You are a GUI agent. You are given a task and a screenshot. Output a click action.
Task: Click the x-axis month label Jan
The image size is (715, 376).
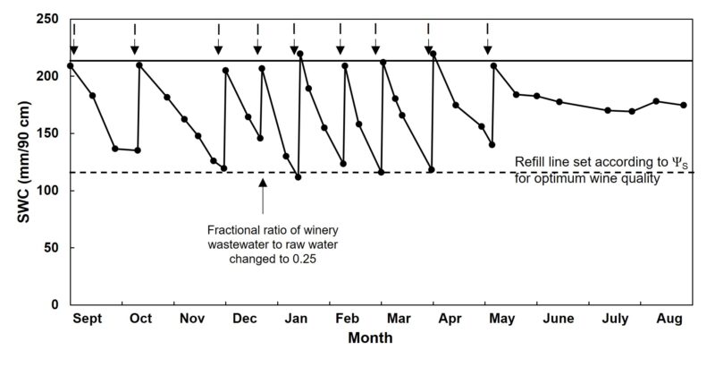tap(293, 320)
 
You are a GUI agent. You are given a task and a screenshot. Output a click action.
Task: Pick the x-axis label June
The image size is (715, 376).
tap(558, 320)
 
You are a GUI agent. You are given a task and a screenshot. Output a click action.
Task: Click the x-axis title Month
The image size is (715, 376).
tap(371, 340)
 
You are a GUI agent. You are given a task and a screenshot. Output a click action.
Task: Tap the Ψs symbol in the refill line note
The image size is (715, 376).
tap(685, 162)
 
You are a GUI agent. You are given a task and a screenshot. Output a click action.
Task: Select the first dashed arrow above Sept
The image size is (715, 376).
tap(74, 40)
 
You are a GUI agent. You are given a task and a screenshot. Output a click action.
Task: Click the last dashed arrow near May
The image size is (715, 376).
tap(487, 40)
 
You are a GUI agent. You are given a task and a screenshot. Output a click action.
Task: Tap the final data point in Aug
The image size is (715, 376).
tap(684, 105)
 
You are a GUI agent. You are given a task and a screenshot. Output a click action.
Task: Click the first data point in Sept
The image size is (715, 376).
tap(71, 65)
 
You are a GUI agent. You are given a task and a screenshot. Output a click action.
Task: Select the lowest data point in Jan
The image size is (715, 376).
tap(298, 176)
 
